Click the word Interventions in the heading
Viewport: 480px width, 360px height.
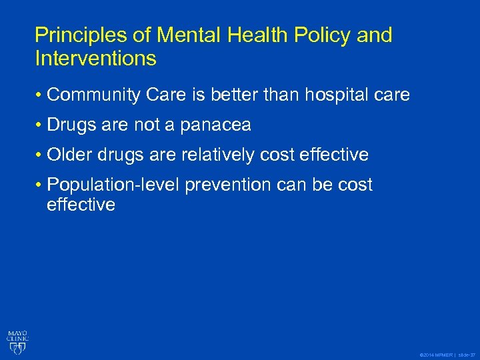point(95,59)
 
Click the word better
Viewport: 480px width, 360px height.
point(231,95)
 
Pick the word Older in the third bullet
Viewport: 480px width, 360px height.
point(71,155)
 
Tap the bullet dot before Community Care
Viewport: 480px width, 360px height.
point(39,96)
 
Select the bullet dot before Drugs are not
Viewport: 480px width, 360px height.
point(39,125)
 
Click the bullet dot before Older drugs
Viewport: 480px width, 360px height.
point(39,155)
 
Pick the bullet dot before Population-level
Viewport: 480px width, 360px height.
point(39,185)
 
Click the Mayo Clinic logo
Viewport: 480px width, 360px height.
point(18,340)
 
